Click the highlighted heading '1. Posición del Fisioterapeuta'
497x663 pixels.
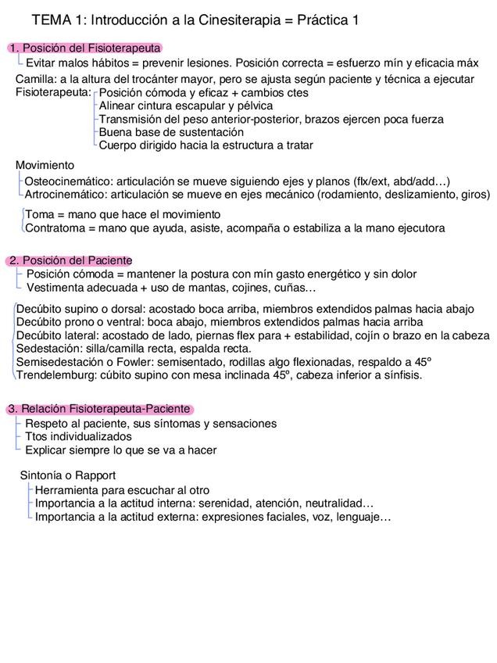click(x=84, y=48)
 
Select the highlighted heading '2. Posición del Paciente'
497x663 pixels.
click(x=70, y=260)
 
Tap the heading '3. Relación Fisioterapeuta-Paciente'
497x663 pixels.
click(x=99, y=409)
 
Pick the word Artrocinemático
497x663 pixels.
click(x=66, y=195)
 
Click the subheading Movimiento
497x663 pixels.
click(x=45, y=165)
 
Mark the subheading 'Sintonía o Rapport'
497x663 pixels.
click(x=67, y=475)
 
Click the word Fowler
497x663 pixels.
click(x=131, y=362)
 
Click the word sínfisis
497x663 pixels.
click(x=400, y=375)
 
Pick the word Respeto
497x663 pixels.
click(x=47, y=424)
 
